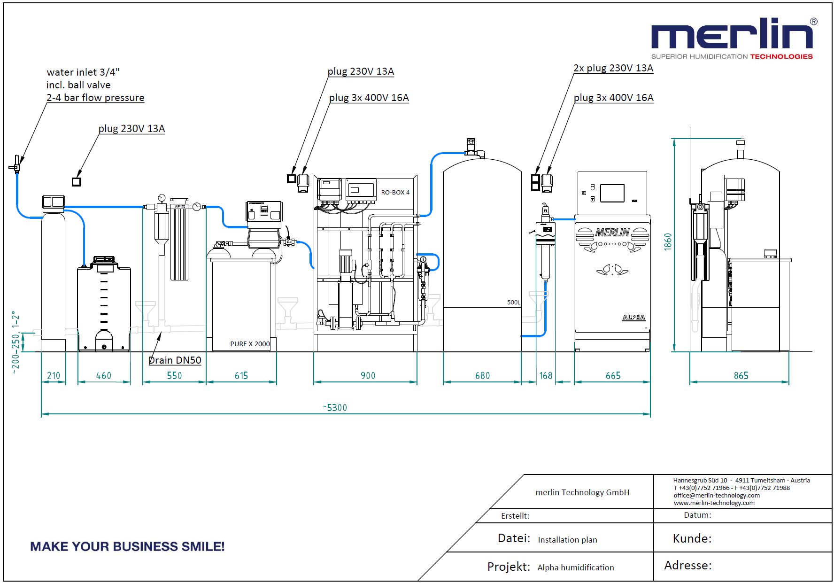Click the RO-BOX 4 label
(x=395, y=193)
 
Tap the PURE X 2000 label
(x=250, y=344)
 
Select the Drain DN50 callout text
(x=175, y=360)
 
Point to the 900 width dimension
(x=368, y=376)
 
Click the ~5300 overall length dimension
(x=335, y=408)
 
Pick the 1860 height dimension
(x=668, y=242)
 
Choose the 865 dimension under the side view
(x=741, y=376)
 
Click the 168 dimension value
(x=546, y=376)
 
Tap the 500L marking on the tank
(x=514, y=303)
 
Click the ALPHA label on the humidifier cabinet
(x=634, y=318)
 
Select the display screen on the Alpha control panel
(x=612, y=193)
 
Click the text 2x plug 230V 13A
(x=613, y=68)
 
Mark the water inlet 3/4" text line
(x=83, y=72)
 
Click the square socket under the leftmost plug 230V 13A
(x=76, y=182)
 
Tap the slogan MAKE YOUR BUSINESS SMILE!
(x=127, y=546)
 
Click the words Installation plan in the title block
(x=567, y=540)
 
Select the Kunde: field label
(x=692, y=538)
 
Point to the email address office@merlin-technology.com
(x=717, y=495)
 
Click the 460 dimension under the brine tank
(x=104, y=376)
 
